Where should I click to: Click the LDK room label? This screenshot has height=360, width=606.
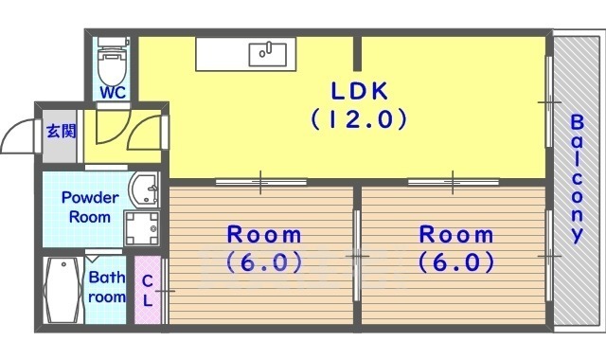[360, 91]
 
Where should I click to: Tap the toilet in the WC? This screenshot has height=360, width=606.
[112, 61]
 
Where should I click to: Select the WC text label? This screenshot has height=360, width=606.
[113, 93]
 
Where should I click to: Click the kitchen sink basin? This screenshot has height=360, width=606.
[268, 54]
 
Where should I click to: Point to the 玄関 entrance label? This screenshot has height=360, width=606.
[61, 132]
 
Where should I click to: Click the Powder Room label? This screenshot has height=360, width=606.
[90, 207]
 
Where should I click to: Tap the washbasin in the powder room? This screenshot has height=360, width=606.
[144, 189]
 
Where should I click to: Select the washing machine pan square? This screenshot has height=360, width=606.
[142, 228]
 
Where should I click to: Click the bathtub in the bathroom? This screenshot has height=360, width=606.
[62, 290]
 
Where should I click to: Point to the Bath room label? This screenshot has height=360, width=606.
[107, 287]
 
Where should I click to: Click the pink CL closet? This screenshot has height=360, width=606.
[148, 290]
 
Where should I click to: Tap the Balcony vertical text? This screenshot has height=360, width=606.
[577, 179]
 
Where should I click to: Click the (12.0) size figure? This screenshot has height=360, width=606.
[359, 119]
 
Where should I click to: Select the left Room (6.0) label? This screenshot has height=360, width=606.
[264, 248]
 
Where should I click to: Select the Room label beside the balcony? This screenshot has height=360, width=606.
[456, 248]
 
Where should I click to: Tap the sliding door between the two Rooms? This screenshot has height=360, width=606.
[357, 256]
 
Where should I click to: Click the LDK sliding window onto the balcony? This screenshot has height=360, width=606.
[549, 101]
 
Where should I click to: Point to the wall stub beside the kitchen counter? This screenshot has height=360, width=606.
[358, 54]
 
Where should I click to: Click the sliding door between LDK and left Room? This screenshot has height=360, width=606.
[261, 182]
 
